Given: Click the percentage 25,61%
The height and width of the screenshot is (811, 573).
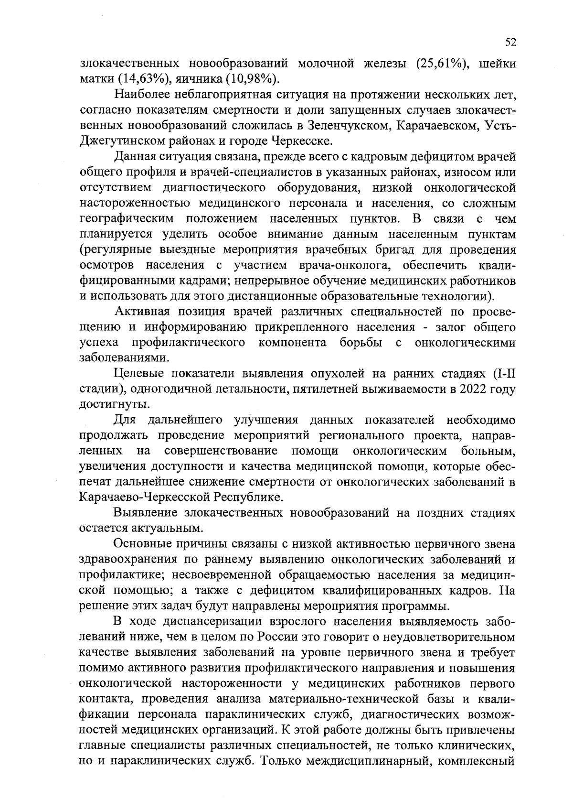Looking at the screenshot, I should [441, 64].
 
